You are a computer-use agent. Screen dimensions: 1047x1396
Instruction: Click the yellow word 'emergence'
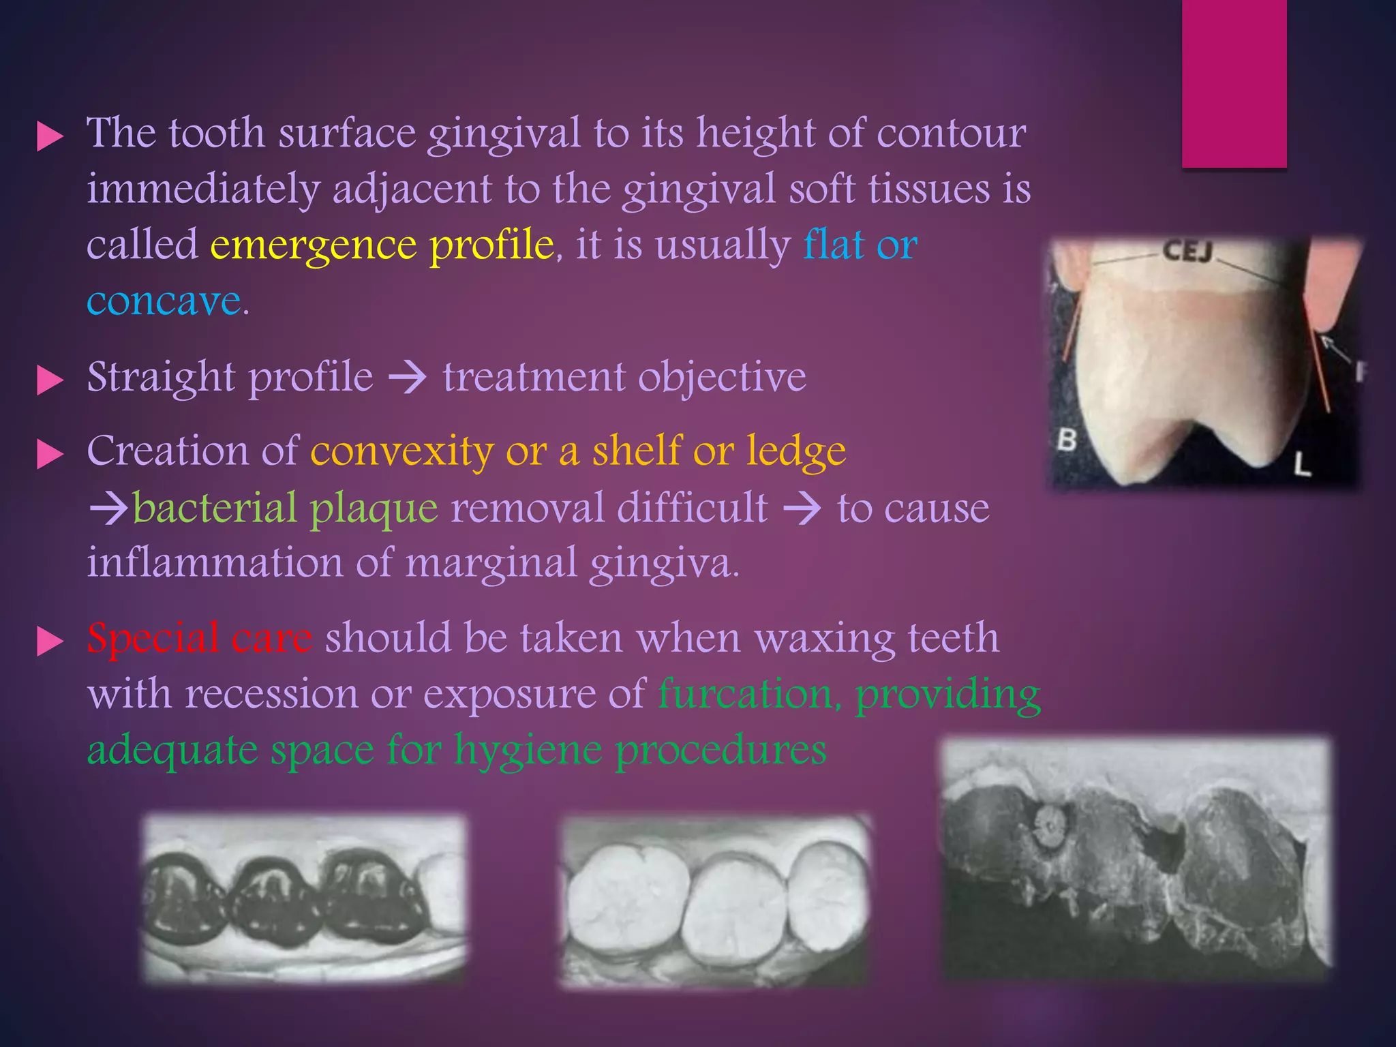point(313,245)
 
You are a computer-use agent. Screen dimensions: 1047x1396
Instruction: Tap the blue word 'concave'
point(164,301)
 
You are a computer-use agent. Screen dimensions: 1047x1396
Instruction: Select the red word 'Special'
point(152,639)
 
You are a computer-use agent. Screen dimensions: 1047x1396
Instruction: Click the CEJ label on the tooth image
point(1187,252)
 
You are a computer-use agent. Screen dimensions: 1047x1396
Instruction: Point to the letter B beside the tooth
point(1067,440)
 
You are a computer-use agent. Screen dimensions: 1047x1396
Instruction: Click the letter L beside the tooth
point(1302,465)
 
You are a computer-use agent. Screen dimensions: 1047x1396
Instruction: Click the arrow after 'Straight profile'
point(407,378)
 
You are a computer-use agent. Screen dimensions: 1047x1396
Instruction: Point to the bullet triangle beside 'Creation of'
point(49,455)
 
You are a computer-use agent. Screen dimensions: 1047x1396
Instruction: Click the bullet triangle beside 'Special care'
point(49,642)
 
